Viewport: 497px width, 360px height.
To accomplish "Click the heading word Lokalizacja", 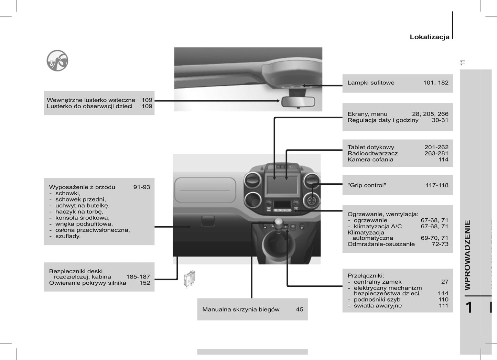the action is click(x=430, y=37).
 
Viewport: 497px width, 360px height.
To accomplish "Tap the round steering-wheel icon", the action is click(x=57, y=61).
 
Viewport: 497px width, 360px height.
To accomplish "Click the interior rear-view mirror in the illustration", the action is click(x=298, y=102).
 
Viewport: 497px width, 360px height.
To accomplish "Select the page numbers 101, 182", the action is click(x=436, y=83).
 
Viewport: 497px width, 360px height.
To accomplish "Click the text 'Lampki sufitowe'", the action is click(x=371, y=83).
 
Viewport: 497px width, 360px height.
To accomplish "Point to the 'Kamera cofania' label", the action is click(x=370, y=160).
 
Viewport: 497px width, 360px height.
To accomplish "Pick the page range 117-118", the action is click(x=437, y=185).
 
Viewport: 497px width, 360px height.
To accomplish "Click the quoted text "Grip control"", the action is click(x=367, y=185).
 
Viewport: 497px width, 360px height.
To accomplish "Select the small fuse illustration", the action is click(x=189, y=279).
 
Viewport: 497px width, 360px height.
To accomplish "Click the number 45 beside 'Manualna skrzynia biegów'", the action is click(x=300, y=309).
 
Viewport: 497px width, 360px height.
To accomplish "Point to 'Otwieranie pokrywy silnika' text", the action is click(x=87, y=283).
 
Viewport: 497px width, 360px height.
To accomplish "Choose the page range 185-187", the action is click(x=138, y=277).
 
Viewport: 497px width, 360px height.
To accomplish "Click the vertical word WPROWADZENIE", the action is click(x=467, y=255).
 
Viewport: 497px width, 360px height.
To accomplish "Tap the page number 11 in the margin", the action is click(x=462, y=63).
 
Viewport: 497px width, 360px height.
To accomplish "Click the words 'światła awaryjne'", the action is click(x=378, y=306).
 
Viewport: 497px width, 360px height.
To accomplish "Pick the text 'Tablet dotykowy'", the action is click(x=371, y=147).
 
